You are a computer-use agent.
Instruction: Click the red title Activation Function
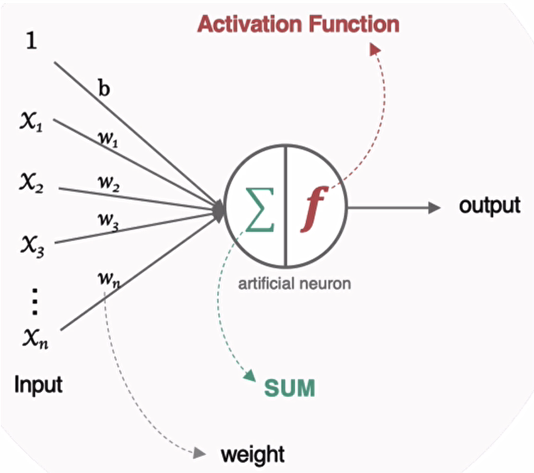point(298,24)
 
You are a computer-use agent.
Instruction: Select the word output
point(489,206)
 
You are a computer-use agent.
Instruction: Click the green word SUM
point(289,388)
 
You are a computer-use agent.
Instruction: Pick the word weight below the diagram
point(252,453)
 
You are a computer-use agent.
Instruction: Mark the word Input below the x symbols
point(38,385)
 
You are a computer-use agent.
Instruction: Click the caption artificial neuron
point(294,284)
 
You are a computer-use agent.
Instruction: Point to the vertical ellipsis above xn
point(34,302)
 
